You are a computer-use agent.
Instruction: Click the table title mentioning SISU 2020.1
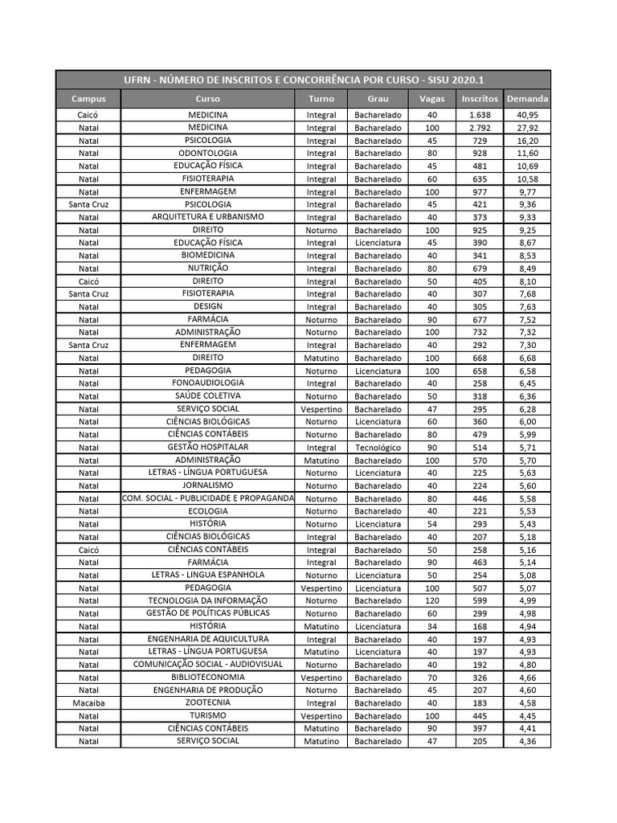[x=303, y=80]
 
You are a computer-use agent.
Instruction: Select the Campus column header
[x=88, y=99]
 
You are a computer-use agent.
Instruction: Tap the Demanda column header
[x=527, y=99]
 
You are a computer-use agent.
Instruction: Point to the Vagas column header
[x=431, y=99]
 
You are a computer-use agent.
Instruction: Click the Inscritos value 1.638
[x=480, y=115]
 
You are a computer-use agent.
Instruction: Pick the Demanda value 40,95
[x=527, y=115]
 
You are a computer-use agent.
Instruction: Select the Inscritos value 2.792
[x=480, y=128]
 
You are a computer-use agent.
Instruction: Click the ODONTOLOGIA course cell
[x=207, y=153]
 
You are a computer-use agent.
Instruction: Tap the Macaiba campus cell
[x=88, y=703]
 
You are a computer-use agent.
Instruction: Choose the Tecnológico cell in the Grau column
[x=378, y=448]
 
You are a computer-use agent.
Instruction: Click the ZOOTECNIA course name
[x=207, y=702]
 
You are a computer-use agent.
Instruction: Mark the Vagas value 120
[x=432, y=601]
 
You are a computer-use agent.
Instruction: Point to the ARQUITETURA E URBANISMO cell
[x=207, y=217]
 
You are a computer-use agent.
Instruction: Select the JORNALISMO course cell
[x=207, y=485]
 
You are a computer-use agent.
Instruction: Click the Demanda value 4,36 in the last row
[x=527, y=742]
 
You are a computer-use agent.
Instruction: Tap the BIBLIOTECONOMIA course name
[x=207, y=678]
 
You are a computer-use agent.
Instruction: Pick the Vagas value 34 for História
[x=432, y=627]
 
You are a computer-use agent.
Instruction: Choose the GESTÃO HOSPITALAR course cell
[x=207, y=447]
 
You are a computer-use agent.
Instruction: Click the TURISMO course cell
[x=207, y=715]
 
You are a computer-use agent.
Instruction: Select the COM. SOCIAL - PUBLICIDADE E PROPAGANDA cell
[x=208, y=498]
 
